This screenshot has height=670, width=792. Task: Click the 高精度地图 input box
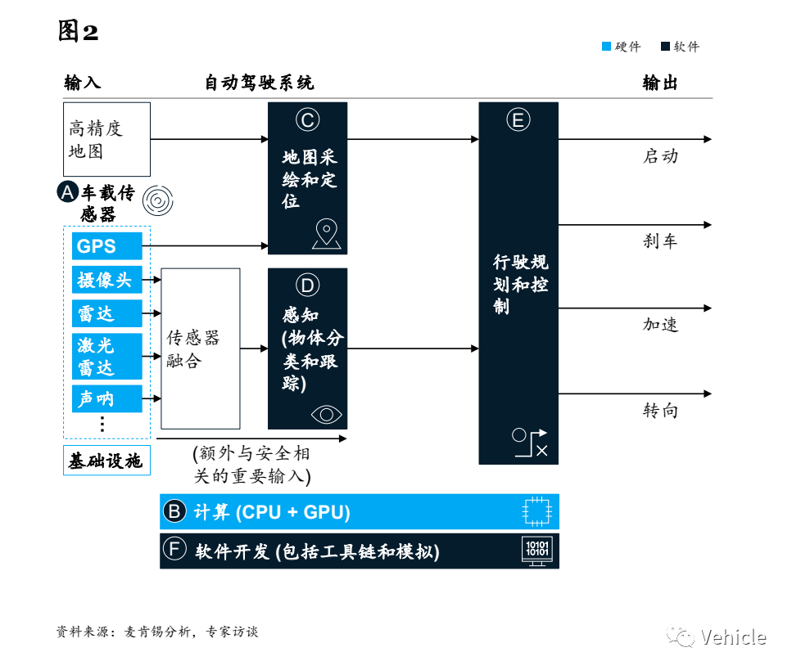point(106,139)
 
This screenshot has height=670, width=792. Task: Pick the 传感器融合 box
point(200,348)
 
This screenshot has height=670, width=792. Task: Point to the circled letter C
point(307,120)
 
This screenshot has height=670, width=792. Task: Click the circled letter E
point(518,120)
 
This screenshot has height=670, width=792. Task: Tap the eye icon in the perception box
point(326,414)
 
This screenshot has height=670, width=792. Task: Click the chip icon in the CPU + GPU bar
point(537,512)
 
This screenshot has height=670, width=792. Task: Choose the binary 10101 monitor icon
point(537,550)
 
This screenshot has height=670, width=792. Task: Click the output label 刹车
point(660,241)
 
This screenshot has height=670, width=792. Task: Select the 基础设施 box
point(105,461)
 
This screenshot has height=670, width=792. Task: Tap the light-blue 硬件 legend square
point(606,47)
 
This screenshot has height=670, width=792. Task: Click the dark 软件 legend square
point(665,47)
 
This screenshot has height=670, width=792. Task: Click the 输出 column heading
point(660,83)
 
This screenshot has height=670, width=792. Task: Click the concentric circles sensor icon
point(157,200)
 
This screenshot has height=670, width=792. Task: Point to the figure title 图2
point(79,31)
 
